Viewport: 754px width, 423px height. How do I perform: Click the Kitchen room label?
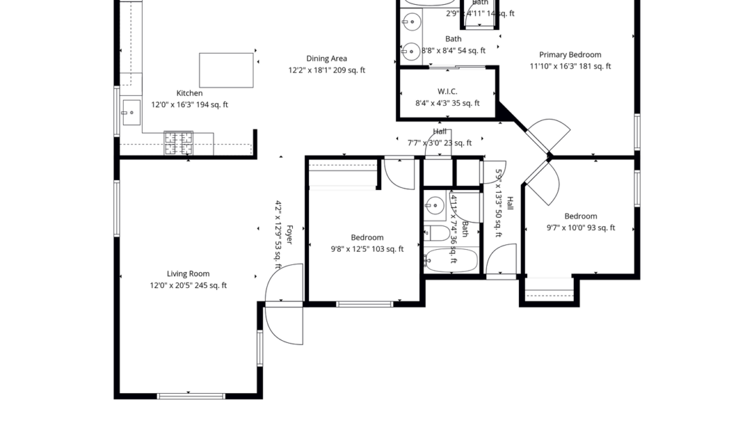[190, 93]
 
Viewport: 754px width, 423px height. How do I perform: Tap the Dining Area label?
[326, 59]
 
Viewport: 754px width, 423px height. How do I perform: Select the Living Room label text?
[188, 274]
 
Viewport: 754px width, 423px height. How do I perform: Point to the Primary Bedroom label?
[570, 55]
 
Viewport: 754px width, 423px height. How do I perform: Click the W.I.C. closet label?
[447, 92]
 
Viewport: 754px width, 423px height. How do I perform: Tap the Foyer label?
[289, 234]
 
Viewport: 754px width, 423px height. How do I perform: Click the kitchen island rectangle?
[226, 70]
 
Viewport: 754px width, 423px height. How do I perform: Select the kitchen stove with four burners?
[178, 143]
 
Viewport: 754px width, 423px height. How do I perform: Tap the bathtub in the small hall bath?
[450, 260]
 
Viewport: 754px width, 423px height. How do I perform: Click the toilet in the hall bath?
[437, 234]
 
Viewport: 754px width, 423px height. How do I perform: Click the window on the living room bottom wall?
[191, 396]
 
